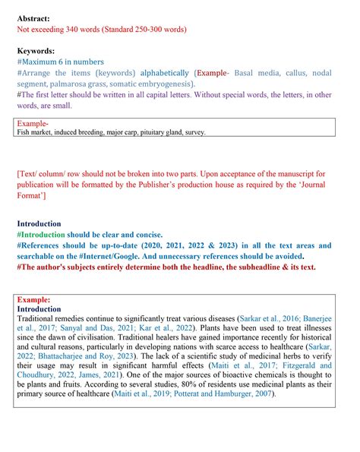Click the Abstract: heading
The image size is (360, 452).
34,17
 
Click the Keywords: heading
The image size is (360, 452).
37,50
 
